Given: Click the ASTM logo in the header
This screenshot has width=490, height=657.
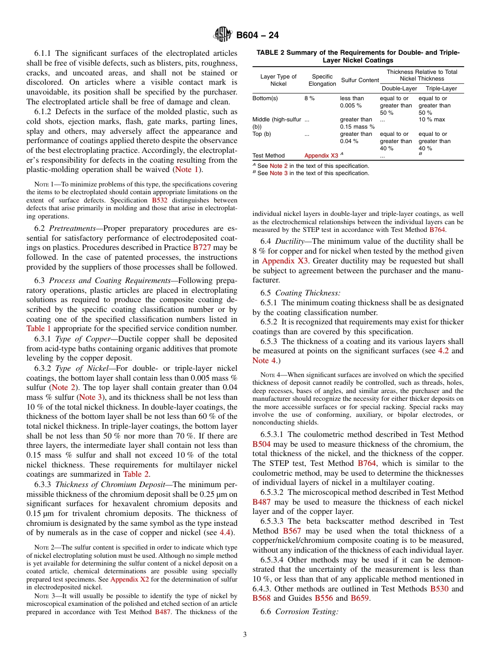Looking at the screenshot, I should (223, 35).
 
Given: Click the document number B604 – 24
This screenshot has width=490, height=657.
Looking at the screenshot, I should (258, 36).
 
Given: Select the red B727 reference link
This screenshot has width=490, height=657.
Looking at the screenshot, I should (202, 247).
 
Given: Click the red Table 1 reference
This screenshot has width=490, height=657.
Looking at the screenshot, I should (38, 328).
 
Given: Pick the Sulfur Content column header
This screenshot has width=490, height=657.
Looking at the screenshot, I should (360, 80).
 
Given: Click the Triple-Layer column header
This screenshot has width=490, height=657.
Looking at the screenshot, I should (441, 89).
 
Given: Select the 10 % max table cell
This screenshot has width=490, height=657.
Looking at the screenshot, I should (432, 120).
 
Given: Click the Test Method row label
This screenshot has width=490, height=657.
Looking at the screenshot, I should (268, 155).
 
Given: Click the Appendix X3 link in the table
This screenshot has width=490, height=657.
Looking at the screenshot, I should (321, 155).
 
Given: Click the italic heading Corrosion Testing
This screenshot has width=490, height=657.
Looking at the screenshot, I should (307, 612).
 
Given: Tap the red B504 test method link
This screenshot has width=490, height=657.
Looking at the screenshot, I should (262, 444).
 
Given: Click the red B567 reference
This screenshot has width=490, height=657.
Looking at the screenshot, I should (292, 531).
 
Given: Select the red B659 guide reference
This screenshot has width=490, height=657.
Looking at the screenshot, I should (360, 598).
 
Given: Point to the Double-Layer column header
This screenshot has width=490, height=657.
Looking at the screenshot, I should (399, 89).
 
